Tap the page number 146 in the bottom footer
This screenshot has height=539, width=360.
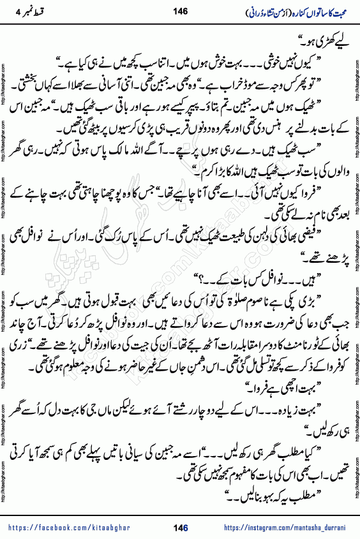point(180,528)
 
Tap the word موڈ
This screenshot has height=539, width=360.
point(229,81)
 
